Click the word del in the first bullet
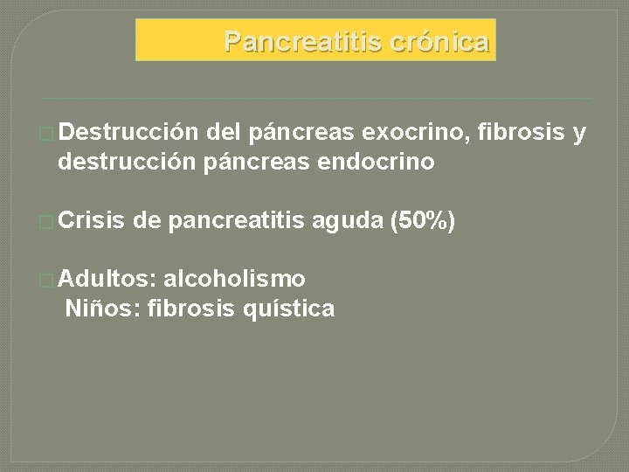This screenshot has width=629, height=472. [225, 133]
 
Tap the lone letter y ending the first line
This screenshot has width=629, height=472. [579, 134]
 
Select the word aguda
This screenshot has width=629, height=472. [346, 221]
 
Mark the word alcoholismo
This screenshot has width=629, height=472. [234, 279]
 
